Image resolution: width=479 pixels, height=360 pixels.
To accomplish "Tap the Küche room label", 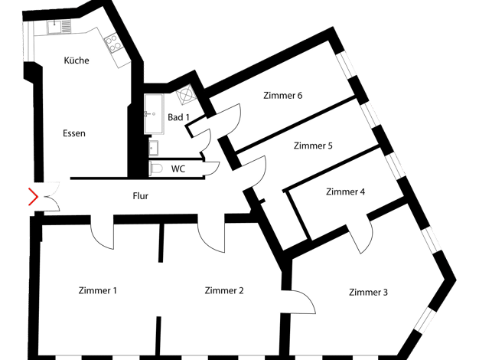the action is coord(77,61).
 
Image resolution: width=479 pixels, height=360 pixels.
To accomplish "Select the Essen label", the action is coord(74,133).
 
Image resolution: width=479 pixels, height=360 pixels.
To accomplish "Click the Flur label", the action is coord(141,196).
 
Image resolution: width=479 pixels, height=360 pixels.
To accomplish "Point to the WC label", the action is coord(178,169).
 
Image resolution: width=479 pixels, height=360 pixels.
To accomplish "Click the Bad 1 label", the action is coord(179,117).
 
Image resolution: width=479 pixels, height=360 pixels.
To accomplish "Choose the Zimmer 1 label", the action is coord(98,290).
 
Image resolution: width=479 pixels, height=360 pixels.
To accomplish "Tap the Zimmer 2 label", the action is coord(224,290).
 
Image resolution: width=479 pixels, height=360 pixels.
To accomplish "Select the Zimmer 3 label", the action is coord(368,292).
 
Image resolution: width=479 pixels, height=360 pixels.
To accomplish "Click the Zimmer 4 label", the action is coord(346,191).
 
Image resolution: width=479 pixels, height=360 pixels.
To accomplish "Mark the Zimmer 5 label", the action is coord(313,146).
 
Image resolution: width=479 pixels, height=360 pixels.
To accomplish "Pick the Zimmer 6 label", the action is coord(283,96).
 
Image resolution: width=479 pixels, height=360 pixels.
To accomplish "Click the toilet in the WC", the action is coord(156,169).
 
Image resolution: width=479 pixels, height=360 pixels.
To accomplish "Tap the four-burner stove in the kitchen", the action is coord(113,43).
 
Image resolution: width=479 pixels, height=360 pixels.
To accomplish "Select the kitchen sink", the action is coord(59,27).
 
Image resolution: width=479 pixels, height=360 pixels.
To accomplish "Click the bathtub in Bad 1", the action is coord(154,114).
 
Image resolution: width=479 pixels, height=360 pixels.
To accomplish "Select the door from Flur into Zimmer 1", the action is coord(103,235).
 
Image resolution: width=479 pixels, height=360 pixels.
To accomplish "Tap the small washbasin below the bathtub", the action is coord(153,149).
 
